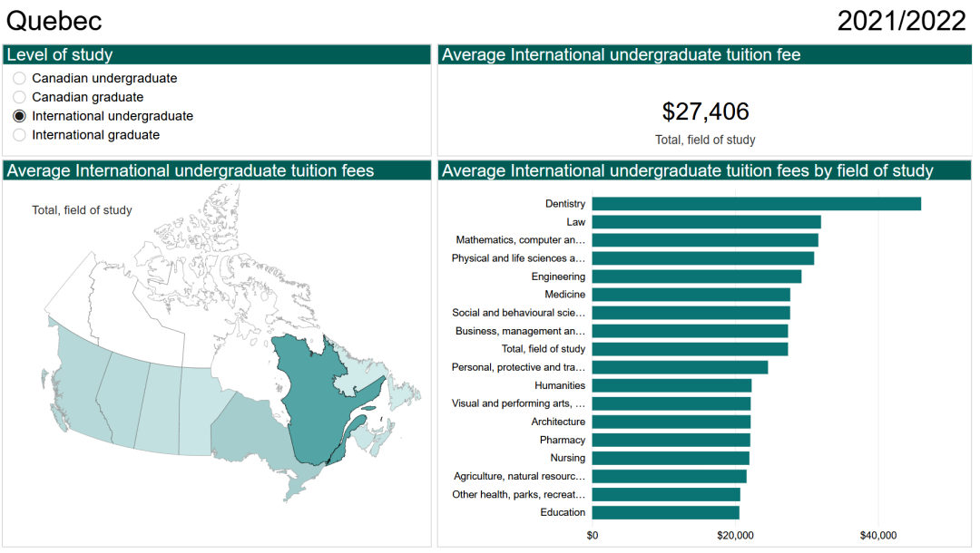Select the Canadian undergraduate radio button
point(20,79)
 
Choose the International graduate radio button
point(20,135)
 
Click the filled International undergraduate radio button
point(20,116)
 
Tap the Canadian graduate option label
point(87,97)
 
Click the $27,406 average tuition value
point(705,112)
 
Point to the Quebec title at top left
point(54,21)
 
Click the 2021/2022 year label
point(901,21)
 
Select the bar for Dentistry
point(756,204)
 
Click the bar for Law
point(706,222)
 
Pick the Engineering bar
point(696,276)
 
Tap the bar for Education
point(665,512)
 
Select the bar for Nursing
point(671,458)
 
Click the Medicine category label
point(564,295)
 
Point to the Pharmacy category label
point(562,440)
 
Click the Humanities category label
point(560,385)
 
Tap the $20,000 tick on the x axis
point(735,535)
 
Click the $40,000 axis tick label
point(878,535)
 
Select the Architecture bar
point(671,422)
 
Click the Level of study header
point(60,55)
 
